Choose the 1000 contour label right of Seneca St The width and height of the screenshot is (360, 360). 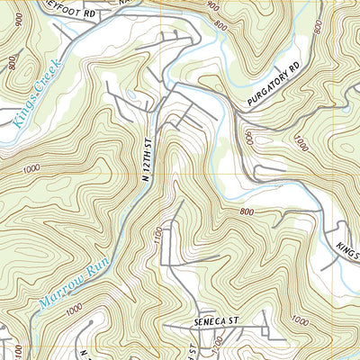(299, 320)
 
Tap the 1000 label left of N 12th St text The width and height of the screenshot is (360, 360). (33, 168)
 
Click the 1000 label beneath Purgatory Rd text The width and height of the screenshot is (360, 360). (301, 141)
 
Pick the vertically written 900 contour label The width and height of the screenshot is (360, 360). (247, 137)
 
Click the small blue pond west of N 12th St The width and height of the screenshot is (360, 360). (132, 93)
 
